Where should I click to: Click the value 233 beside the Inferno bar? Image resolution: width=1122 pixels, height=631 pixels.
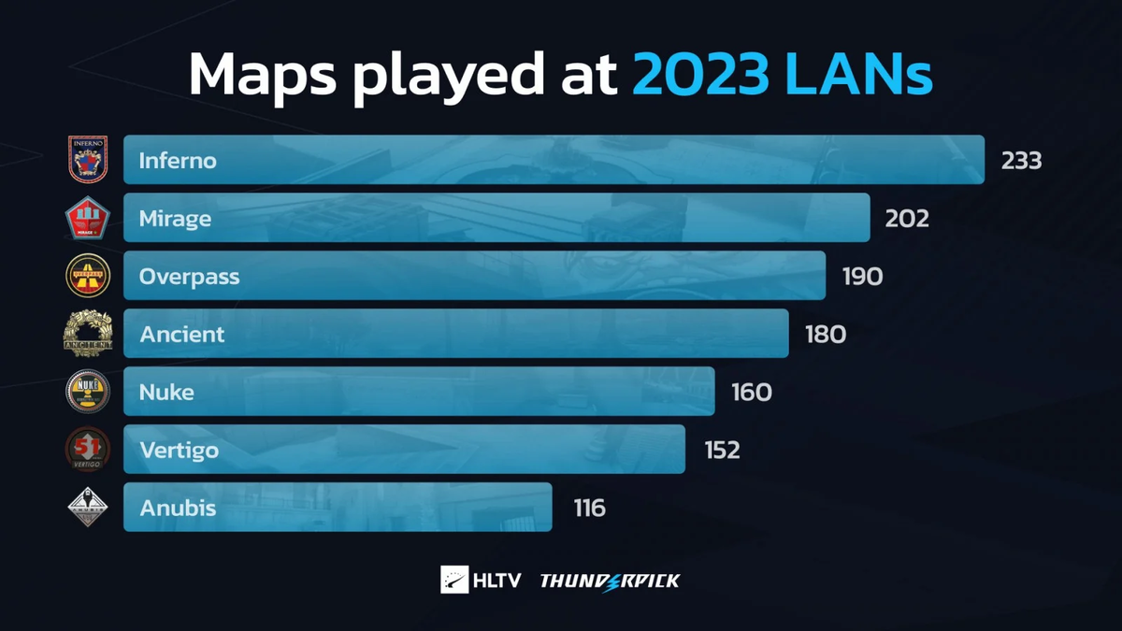click(1021, 161)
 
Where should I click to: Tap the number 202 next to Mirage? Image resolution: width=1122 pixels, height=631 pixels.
click(907, 219)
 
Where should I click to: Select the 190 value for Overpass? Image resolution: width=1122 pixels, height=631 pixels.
click(862, 277)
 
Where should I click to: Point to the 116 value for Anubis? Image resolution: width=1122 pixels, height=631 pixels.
click(590, 509)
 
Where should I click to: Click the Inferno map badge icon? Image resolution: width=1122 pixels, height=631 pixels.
click(88, 160)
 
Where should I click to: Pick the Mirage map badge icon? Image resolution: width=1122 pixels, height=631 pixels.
click(88, 219)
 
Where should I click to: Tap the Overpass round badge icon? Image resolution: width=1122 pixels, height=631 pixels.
click(88, 276)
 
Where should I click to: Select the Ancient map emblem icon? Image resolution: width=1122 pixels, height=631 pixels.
click(88, 334)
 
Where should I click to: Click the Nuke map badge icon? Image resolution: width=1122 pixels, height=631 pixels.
click(88, 392)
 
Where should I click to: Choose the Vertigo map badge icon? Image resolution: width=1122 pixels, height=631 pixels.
click(88, 450)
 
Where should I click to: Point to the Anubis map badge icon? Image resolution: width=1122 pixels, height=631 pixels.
click(88, 508)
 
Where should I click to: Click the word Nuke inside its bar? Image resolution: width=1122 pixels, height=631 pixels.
click(166, 392)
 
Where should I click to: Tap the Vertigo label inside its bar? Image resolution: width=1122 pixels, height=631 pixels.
click(179, 450)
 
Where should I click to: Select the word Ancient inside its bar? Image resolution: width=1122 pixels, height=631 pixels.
click(182, 334)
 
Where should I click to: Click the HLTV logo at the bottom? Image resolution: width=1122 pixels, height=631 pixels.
click(481, 581)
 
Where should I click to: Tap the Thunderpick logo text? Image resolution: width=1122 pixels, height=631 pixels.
click(610, 581)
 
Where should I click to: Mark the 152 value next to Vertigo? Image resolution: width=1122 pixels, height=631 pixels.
click(722, 451)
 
